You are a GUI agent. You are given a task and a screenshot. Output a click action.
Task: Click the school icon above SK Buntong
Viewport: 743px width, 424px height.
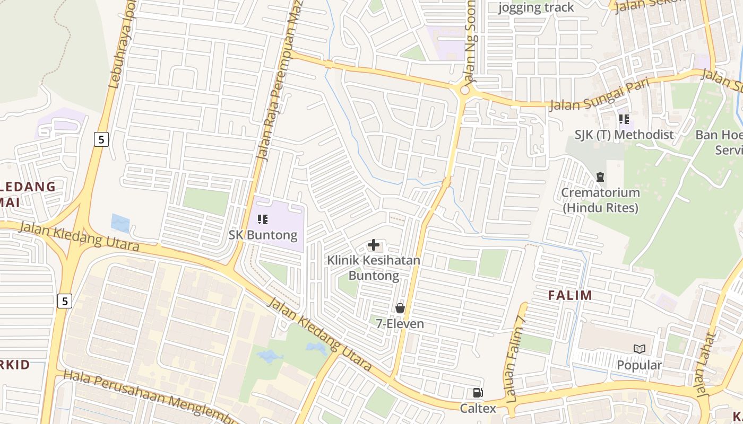pos(262,219)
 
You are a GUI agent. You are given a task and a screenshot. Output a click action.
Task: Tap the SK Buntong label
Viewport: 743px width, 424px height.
pos(263,234)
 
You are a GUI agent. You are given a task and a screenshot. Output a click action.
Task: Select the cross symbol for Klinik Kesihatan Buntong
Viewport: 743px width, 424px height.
pos(374,245)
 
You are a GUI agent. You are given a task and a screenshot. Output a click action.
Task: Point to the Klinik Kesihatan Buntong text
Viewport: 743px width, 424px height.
pos(374,268)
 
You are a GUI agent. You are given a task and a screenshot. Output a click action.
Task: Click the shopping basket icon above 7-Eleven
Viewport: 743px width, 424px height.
pos(400,308)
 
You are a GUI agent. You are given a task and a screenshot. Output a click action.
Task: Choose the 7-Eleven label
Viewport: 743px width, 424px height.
pos(400,323)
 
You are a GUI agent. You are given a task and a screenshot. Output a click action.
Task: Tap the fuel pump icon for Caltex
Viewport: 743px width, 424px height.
pos(478,393)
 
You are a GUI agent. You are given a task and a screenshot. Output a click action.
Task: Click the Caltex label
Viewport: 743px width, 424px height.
pos(478,408)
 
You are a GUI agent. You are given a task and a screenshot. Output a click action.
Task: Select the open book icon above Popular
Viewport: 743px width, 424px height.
pos(640,349)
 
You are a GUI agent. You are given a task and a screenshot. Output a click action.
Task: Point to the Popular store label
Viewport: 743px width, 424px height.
pos(640,365)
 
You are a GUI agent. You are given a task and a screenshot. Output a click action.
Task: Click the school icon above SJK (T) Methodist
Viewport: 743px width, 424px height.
pos(624,119)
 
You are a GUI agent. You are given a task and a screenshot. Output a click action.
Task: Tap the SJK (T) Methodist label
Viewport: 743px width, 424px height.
pos(624,135)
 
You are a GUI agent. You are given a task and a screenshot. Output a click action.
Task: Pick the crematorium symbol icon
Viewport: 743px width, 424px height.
pos(600,176)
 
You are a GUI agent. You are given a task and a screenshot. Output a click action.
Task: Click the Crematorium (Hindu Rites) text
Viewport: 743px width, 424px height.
pos(600,200)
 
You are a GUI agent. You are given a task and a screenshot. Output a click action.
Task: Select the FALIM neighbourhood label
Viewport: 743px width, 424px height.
pos(570,295)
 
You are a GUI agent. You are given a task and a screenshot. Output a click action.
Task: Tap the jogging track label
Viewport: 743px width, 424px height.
pos(536,7)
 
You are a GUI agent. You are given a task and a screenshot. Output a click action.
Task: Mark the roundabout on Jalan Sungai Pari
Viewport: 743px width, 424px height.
pos(465,91)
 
